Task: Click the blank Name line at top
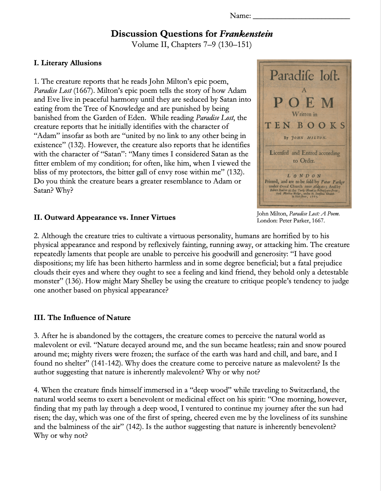tap(301, 17)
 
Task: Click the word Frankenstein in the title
tap(246, 34)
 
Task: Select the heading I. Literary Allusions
tap(68, 63)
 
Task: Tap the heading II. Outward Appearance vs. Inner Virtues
tap(105, 218)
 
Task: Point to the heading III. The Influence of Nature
tap(82, 318)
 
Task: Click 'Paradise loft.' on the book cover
tap(305, 76)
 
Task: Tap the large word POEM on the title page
tap(304, 102)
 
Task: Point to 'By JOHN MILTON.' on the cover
tap(305, 138)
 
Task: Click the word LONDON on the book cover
tap(304, 175)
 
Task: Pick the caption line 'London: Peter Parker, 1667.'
tap(291, 221)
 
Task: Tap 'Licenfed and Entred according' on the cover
tap(305, 153)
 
